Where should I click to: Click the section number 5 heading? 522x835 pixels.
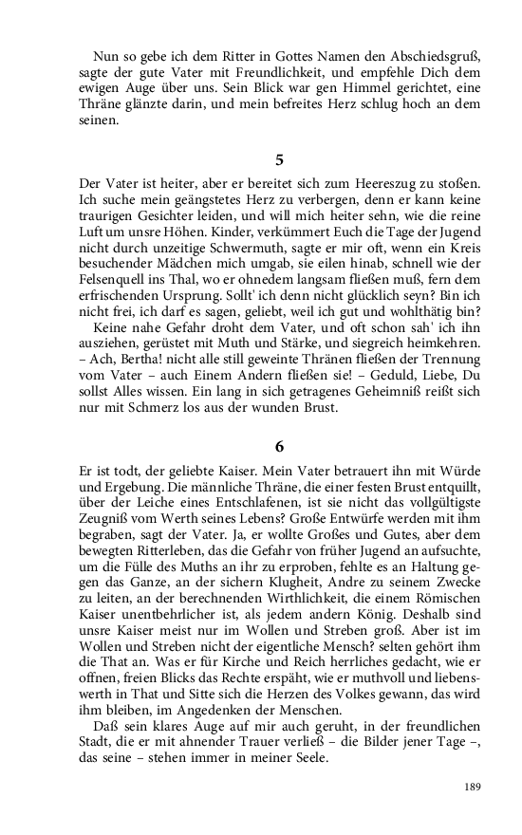tap(278, 159)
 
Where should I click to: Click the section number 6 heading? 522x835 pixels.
tap(278, 445)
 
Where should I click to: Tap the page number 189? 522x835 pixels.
tap(473, 786)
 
